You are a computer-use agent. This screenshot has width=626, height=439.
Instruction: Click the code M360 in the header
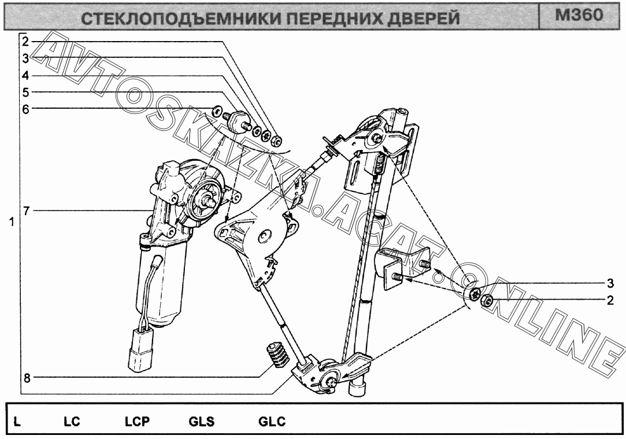coord(579,15)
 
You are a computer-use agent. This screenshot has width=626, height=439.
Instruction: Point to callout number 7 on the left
coord(26,211)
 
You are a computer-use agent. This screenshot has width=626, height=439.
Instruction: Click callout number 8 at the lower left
coord(27,378)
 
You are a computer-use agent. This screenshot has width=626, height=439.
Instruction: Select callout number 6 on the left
coord(26,109)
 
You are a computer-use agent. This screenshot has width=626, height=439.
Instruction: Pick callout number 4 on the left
coord(25,75)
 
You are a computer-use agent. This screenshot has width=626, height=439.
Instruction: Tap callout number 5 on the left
coord(26,93)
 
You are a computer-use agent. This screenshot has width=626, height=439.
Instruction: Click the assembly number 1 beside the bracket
coord(12,222)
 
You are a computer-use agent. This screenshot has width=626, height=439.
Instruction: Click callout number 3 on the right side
coord(610,283)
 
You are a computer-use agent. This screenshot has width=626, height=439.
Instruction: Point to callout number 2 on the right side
coord(610,300)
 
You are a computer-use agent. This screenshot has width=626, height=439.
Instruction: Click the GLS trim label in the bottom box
coord(202,422)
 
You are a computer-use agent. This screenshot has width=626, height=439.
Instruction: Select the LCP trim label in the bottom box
coord(137,422)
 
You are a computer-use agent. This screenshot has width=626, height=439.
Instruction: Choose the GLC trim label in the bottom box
coord(272,422)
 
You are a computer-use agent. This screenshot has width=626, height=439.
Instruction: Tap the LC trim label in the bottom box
coord(72,422)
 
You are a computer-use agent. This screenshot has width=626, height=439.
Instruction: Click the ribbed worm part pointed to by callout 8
coord(277,355)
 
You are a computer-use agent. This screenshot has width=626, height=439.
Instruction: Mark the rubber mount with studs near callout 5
coord(239,121)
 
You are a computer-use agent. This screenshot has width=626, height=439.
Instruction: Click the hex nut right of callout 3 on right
coord(487,300)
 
